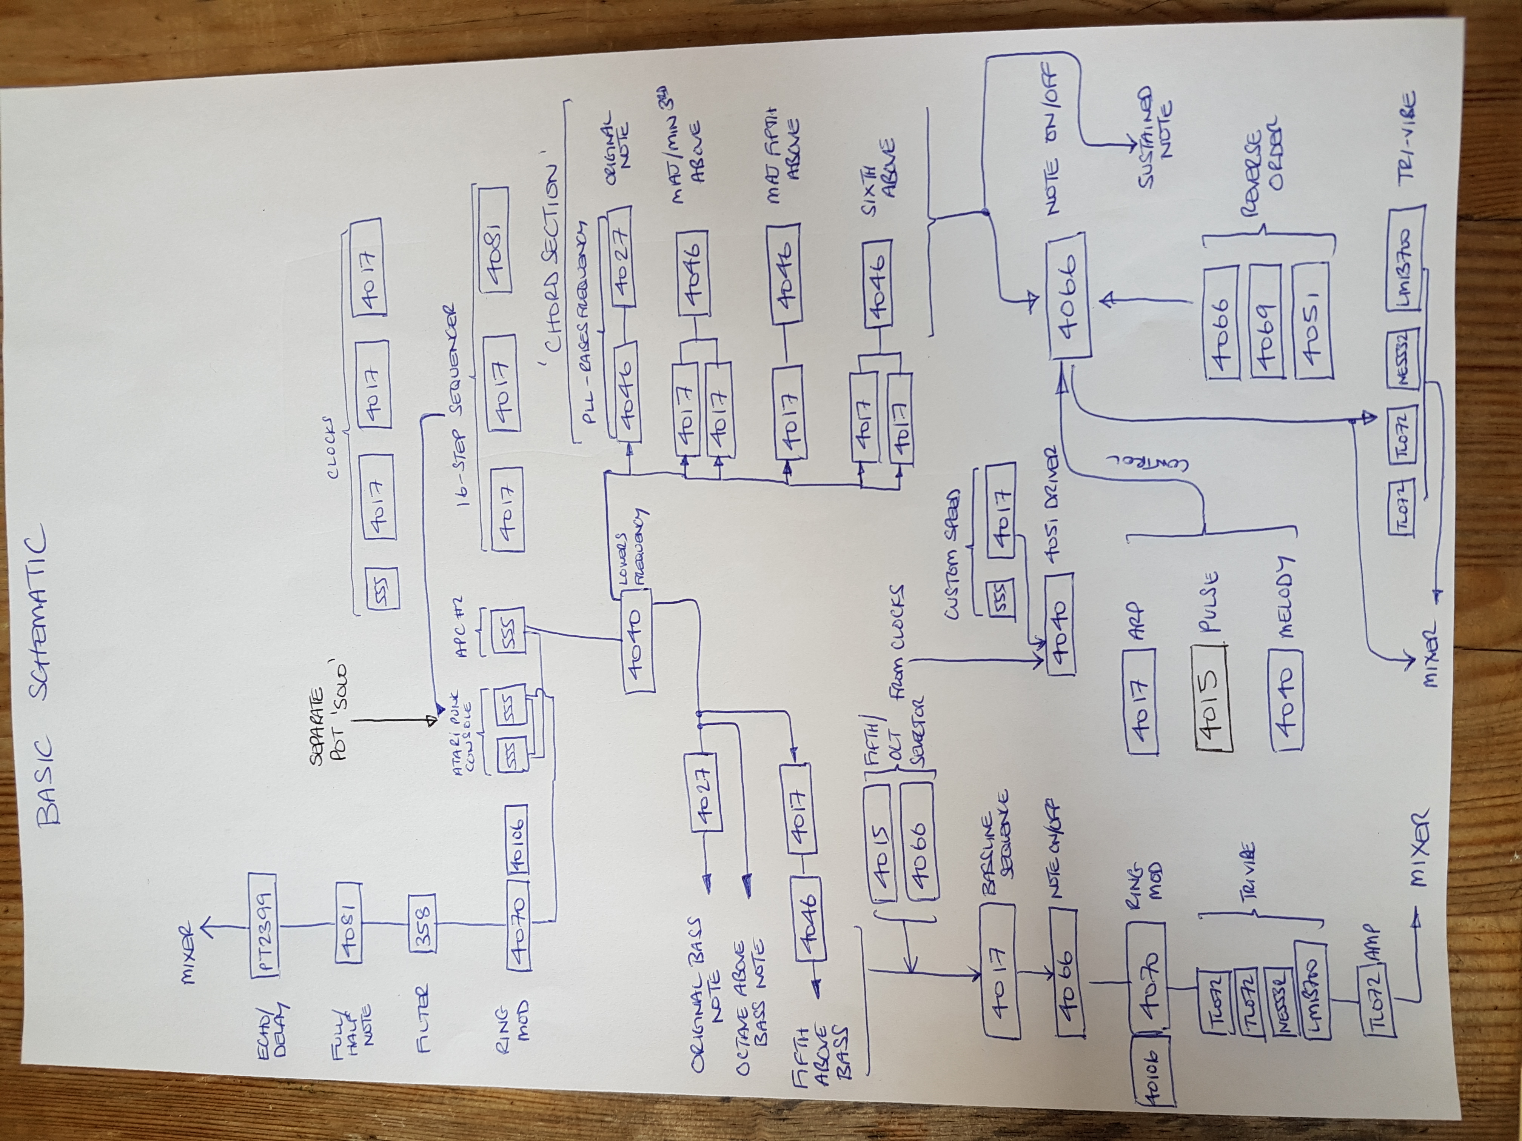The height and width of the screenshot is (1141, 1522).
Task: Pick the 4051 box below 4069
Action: point(1312,320)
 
